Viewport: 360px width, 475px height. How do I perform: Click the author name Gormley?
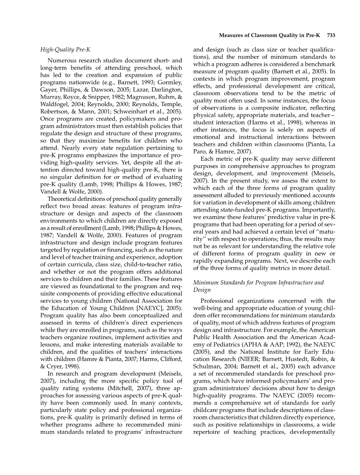click(171, 83)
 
